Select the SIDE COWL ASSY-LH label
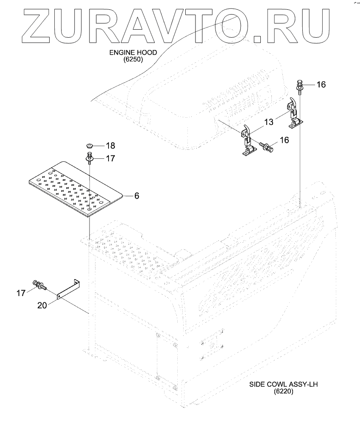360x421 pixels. click(x=284, y=385)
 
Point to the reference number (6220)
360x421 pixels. click(x=284, y=392)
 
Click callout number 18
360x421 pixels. click(x=110, y=146)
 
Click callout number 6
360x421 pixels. click(x=137, y=196)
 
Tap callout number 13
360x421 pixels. click(x=269, y=122)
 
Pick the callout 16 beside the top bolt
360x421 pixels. click(x=321, y=85)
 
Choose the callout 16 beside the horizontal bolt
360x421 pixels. click(x=284, y=140)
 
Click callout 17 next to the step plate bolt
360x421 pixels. click(x=110, y=159)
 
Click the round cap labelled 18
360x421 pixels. click(x=90, y=145)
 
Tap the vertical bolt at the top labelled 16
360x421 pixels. click(x=299, y=86)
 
